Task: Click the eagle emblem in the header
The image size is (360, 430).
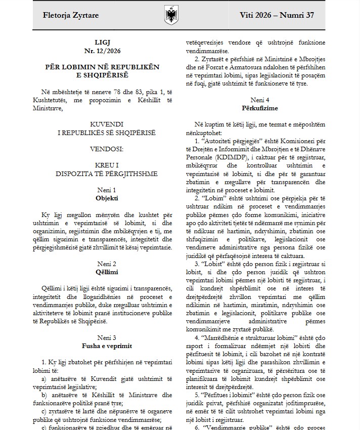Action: [x=169, y=15]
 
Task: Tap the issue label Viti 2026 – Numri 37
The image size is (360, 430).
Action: [x=277, y=15]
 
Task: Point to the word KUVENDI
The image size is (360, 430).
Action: [x=106, y=124]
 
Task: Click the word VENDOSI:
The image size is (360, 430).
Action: [x=106, y=149]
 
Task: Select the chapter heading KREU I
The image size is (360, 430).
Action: [x=106, y=165]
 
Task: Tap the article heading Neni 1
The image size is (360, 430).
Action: [x=106, y=190]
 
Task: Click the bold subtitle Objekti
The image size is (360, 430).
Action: [x=106, y=198]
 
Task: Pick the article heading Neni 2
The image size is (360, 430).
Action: [x=106, y=264]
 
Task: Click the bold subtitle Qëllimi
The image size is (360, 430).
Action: [x=106, y=272]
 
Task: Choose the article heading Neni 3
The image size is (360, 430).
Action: [x=106, y=337]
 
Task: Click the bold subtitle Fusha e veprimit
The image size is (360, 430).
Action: [x=106, y=346]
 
